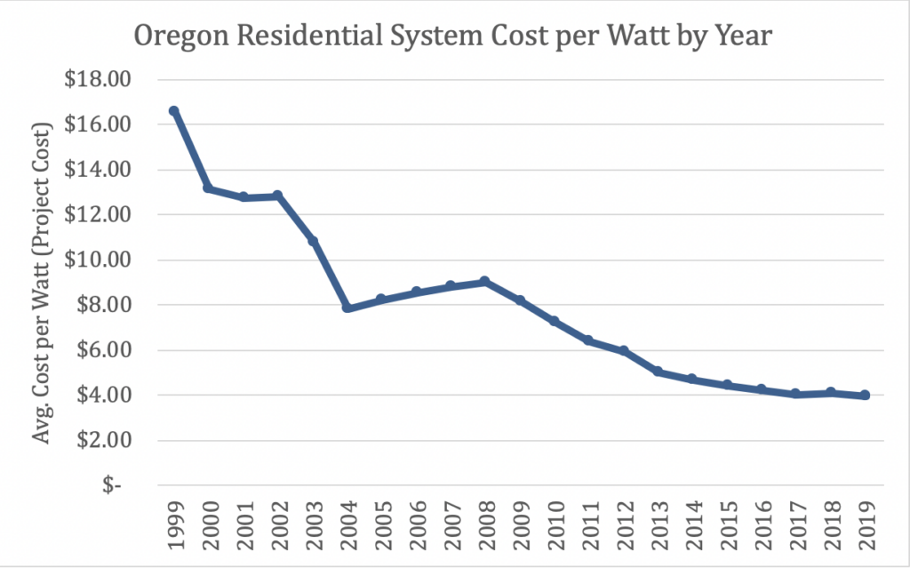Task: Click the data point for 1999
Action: coord(174,111)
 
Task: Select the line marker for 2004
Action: coord(347,308)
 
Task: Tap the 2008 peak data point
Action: coord(484,282)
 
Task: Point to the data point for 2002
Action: coord(277,196)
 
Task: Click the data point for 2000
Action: coord(209,188)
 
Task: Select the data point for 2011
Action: coord(588,340)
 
